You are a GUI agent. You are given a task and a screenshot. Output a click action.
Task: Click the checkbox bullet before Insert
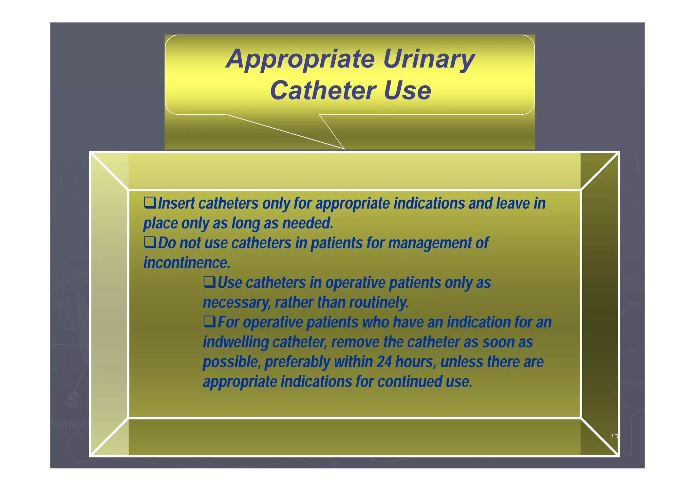150,203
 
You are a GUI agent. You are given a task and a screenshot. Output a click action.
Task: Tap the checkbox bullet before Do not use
150,242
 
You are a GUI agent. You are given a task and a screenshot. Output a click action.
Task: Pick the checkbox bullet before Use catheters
209,282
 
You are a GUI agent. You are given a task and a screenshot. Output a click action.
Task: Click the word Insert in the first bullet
176,204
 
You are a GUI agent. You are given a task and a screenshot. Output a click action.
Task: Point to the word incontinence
187,263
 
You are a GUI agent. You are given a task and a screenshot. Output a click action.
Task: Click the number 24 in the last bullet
384,362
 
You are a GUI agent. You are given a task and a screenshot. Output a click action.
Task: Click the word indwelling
236,342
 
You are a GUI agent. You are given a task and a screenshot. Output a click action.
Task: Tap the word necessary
236,302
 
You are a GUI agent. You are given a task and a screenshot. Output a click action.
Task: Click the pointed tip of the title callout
344,148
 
